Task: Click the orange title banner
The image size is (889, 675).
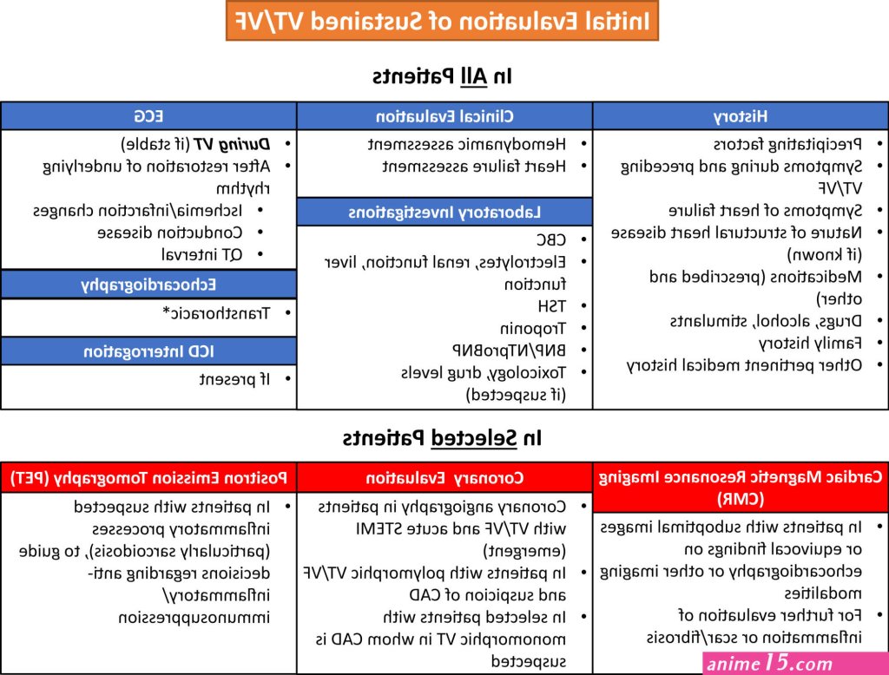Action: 442,21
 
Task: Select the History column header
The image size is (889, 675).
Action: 741,116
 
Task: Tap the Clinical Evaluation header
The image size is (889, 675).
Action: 444,116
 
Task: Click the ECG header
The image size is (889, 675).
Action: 148,116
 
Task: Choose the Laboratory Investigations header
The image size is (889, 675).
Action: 444,213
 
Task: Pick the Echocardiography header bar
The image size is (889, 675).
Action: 148,285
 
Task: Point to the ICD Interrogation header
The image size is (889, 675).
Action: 148,351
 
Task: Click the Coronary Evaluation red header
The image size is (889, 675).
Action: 444,478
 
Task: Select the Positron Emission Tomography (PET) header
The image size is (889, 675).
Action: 148,478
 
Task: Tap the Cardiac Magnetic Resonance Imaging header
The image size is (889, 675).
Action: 741,488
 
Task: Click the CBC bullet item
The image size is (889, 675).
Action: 551,239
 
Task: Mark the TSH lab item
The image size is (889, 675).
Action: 551,306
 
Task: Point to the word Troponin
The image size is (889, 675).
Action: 533,329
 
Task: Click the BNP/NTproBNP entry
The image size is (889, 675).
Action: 509,351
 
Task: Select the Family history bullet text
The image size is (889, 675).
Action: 810,344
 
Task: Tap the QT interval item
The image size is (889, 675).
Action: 201,255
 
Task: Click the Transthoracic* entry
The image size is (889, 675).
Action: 216,313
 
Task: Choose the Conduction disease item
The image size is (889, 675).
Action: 170,233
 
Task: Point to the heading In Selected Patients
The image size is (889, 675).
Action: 442,438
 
